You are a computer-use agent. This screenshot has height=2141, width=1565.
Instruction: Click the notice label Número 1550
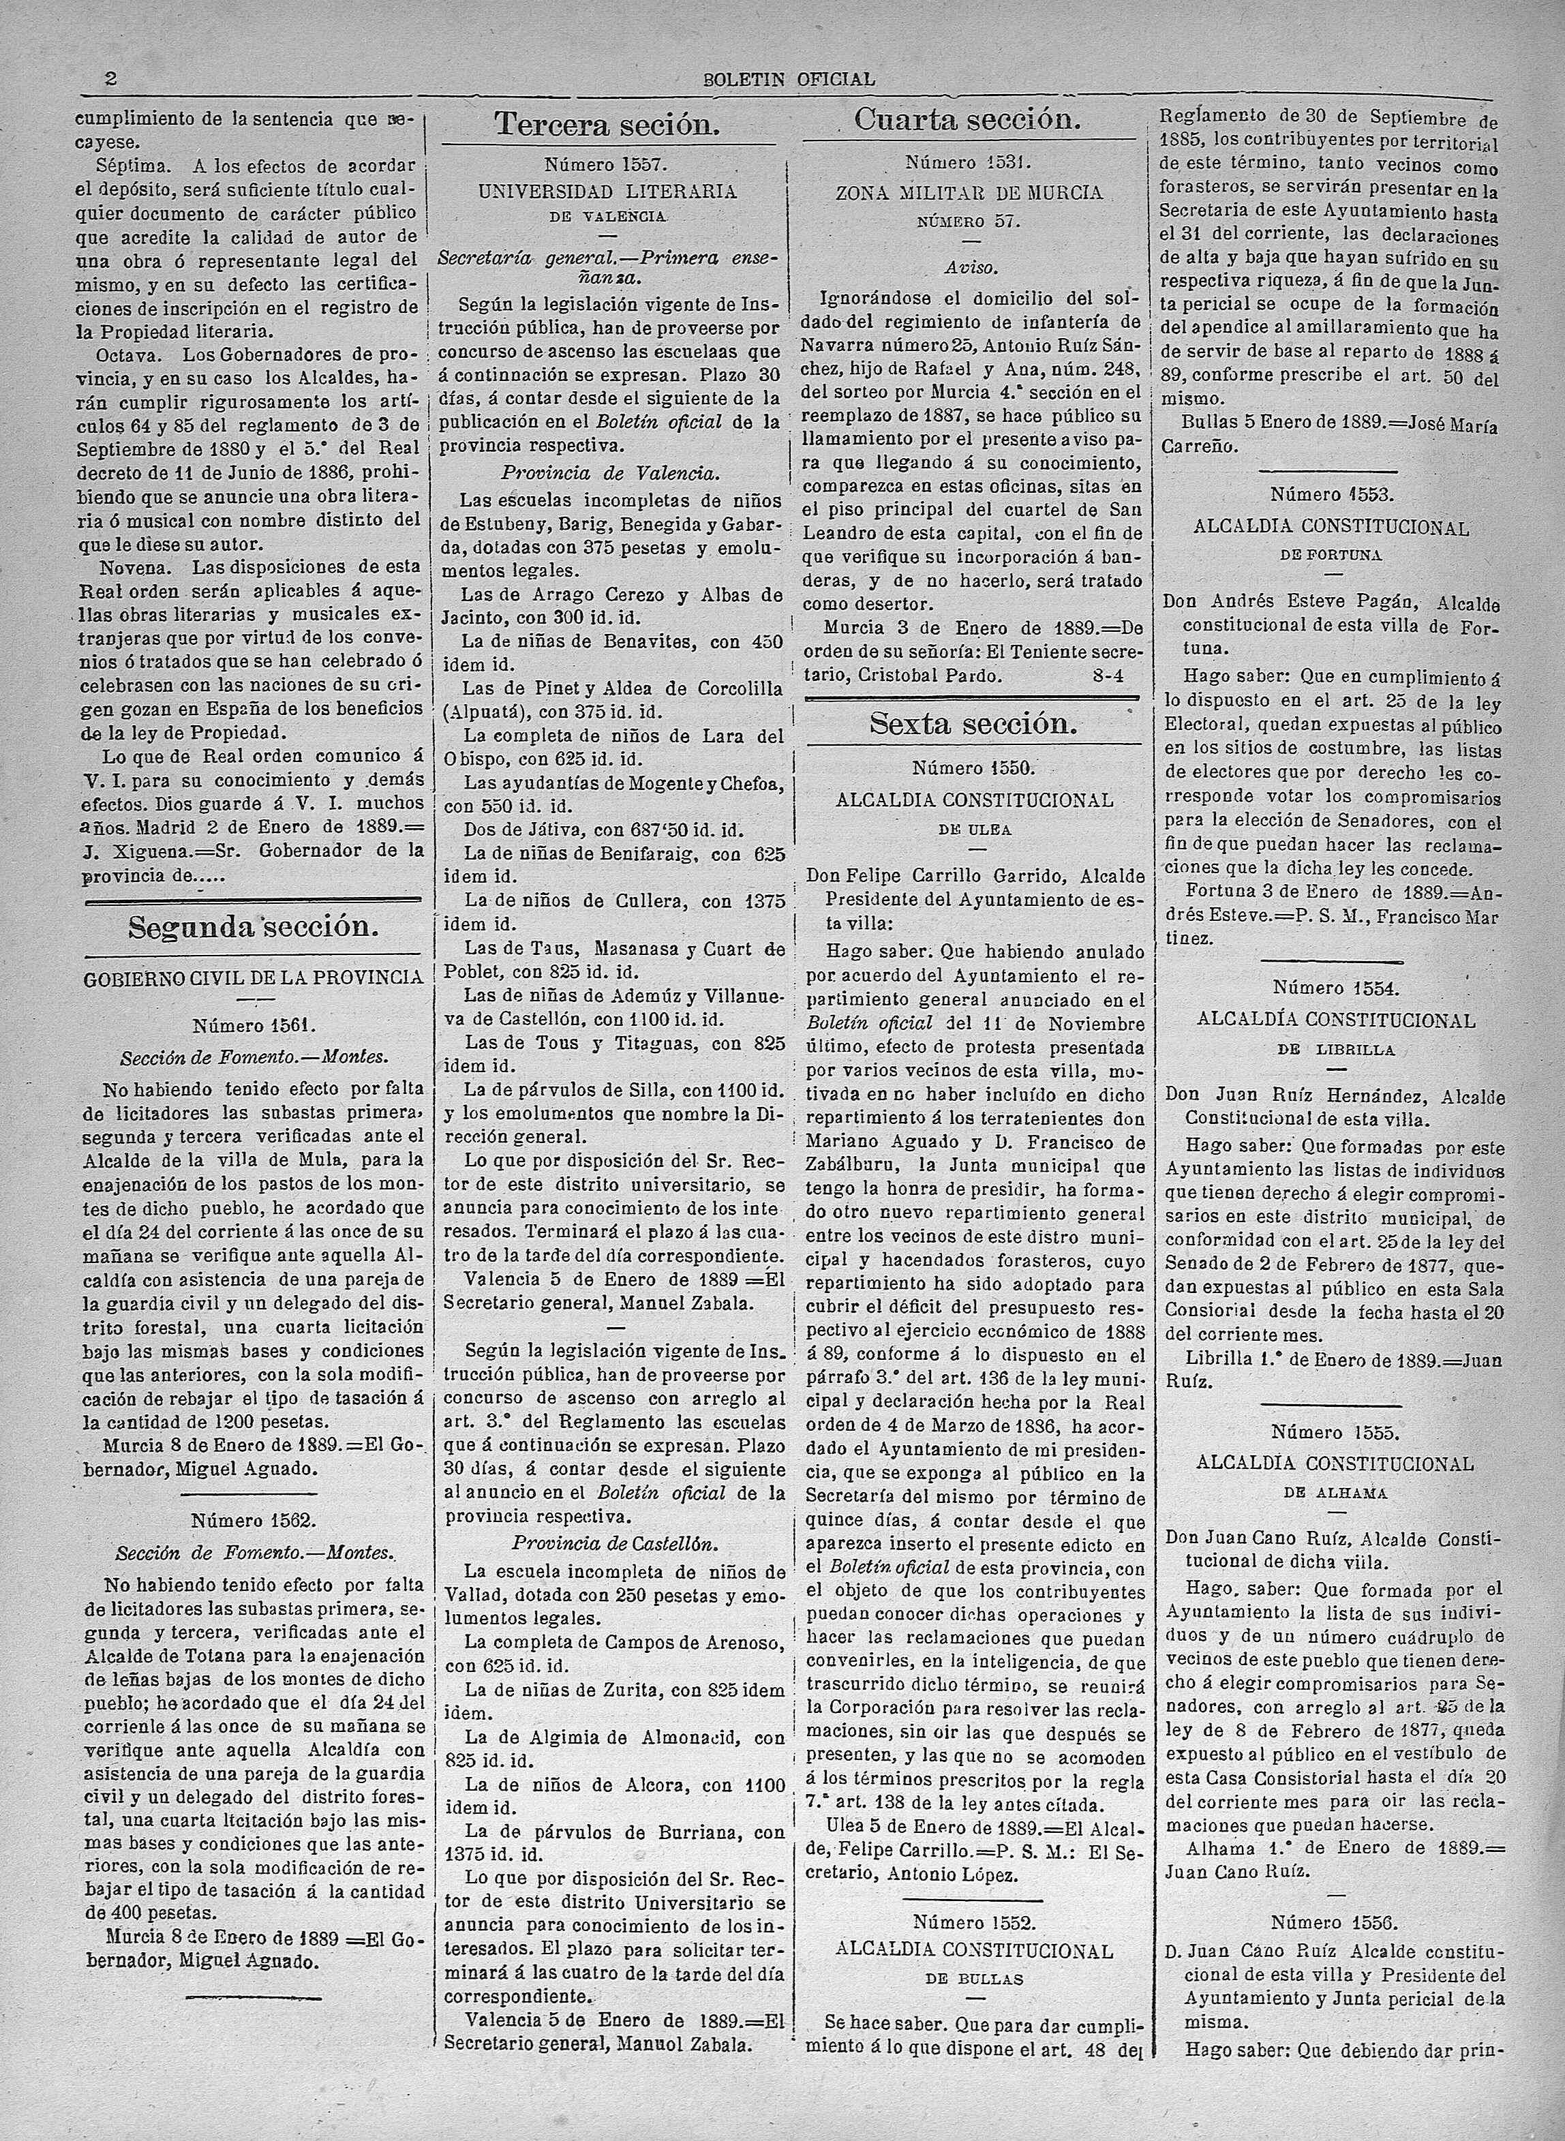point(973,768)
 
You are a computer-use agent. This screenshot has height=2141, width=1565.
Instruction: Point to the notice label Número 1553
point(1332,494)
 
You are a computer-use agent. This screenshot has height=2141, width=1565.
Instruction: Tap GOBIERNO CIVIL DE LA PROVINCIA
point(253,977)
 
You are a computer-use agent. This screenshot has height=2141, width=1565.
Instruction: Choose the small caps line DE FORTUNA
point(1332,555)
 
